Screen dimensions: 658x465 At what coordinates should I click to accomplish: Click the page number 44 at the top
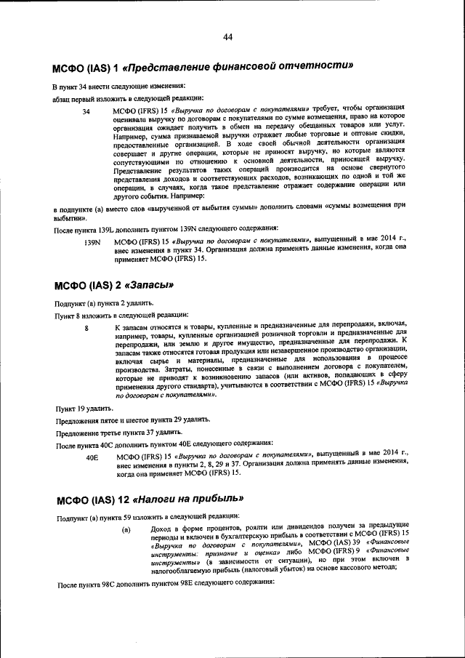click(x=227, y=37)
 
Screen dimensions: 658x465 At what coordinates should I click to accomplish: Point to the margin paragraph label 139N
click(x=92, y=241)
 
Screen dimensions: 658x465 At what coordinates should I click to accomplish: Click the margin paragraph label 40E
click(x=92, y=458)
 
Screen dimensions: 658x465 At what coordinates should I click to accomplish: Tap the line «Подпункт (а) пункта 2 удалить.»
click(x=103, y=302)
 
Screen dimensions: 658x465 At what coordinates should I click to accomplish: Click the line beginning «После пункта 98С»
click(x=164, y=584)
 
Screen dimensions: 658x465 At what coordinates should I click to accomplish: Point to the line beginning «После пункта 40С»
click(x=164, y=444)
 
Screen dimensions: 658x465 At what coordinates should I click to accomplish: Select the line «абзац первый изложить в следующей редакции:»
click(x=128, y=99)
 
